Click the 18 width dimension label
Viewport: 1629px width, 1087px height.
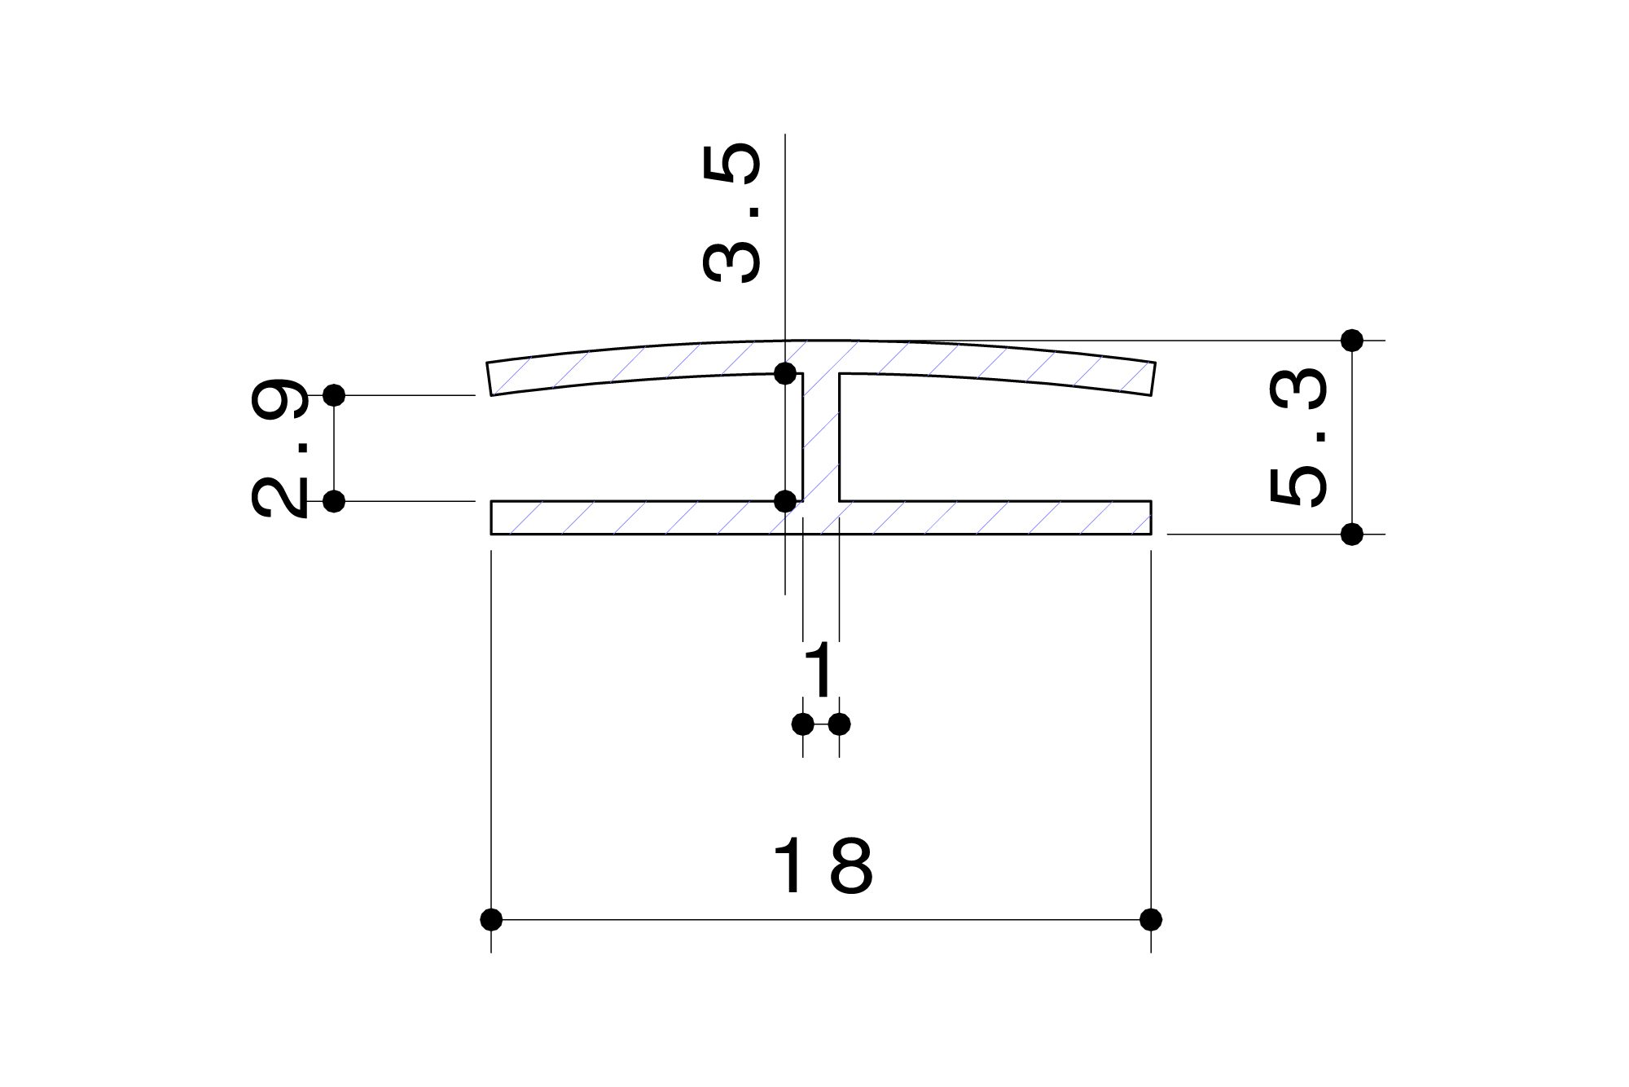[823, 866]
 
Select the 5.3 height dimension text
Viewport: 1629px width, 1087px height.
[1298, 437]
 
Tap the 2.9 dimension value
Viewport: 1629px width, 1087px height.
[279, 447]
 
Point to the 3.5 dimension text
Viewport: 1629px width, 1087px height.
[731, 213]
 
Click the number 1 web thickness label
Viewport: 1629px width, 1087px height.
[819, 670]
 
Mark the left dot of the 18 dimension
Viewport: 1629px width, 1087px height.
[491, 920]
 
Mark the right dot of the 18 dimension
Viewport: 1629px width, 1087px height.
[1151, 920]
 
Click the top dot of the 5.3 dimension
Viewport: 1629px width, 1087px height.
[1352, 341]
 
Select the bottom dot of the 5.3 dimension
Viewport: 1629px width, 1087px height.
[1352, 535]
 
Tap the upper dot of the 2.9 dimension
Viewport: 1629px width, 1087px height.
[334, 395]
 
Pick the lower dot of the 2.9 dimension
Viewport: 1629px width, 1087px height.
[334, 501]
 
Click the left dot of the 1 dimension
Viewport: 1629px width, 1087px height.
[803, 724]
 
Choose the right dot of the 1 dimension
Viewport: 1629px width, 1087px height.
[839, 724]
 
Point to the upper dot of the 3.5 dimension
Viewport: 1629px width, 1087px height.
[785, 373]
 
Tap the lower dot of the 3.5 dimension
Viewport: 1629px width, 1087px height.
[785, 501]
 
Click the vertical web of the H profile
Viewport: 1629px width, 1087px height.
[821, 440]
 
